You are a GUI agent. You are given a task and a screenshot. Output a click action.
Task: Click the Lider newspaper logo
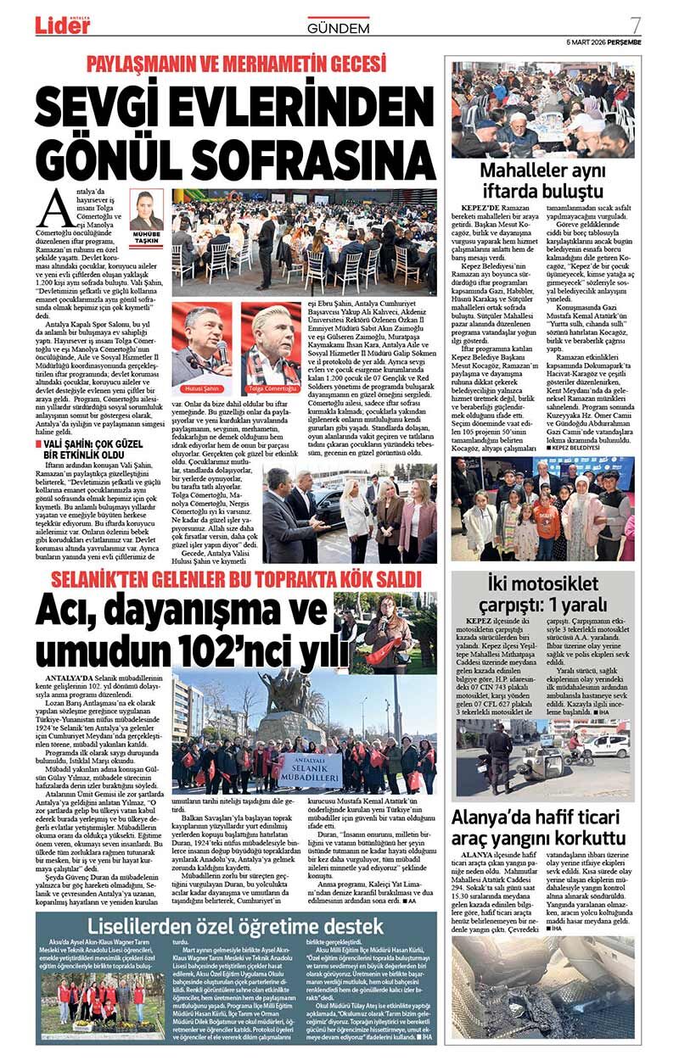coord(61,25)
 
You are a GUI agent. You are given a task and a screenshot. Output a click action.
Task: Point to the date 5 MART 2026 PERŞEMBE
coord(603,42)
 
